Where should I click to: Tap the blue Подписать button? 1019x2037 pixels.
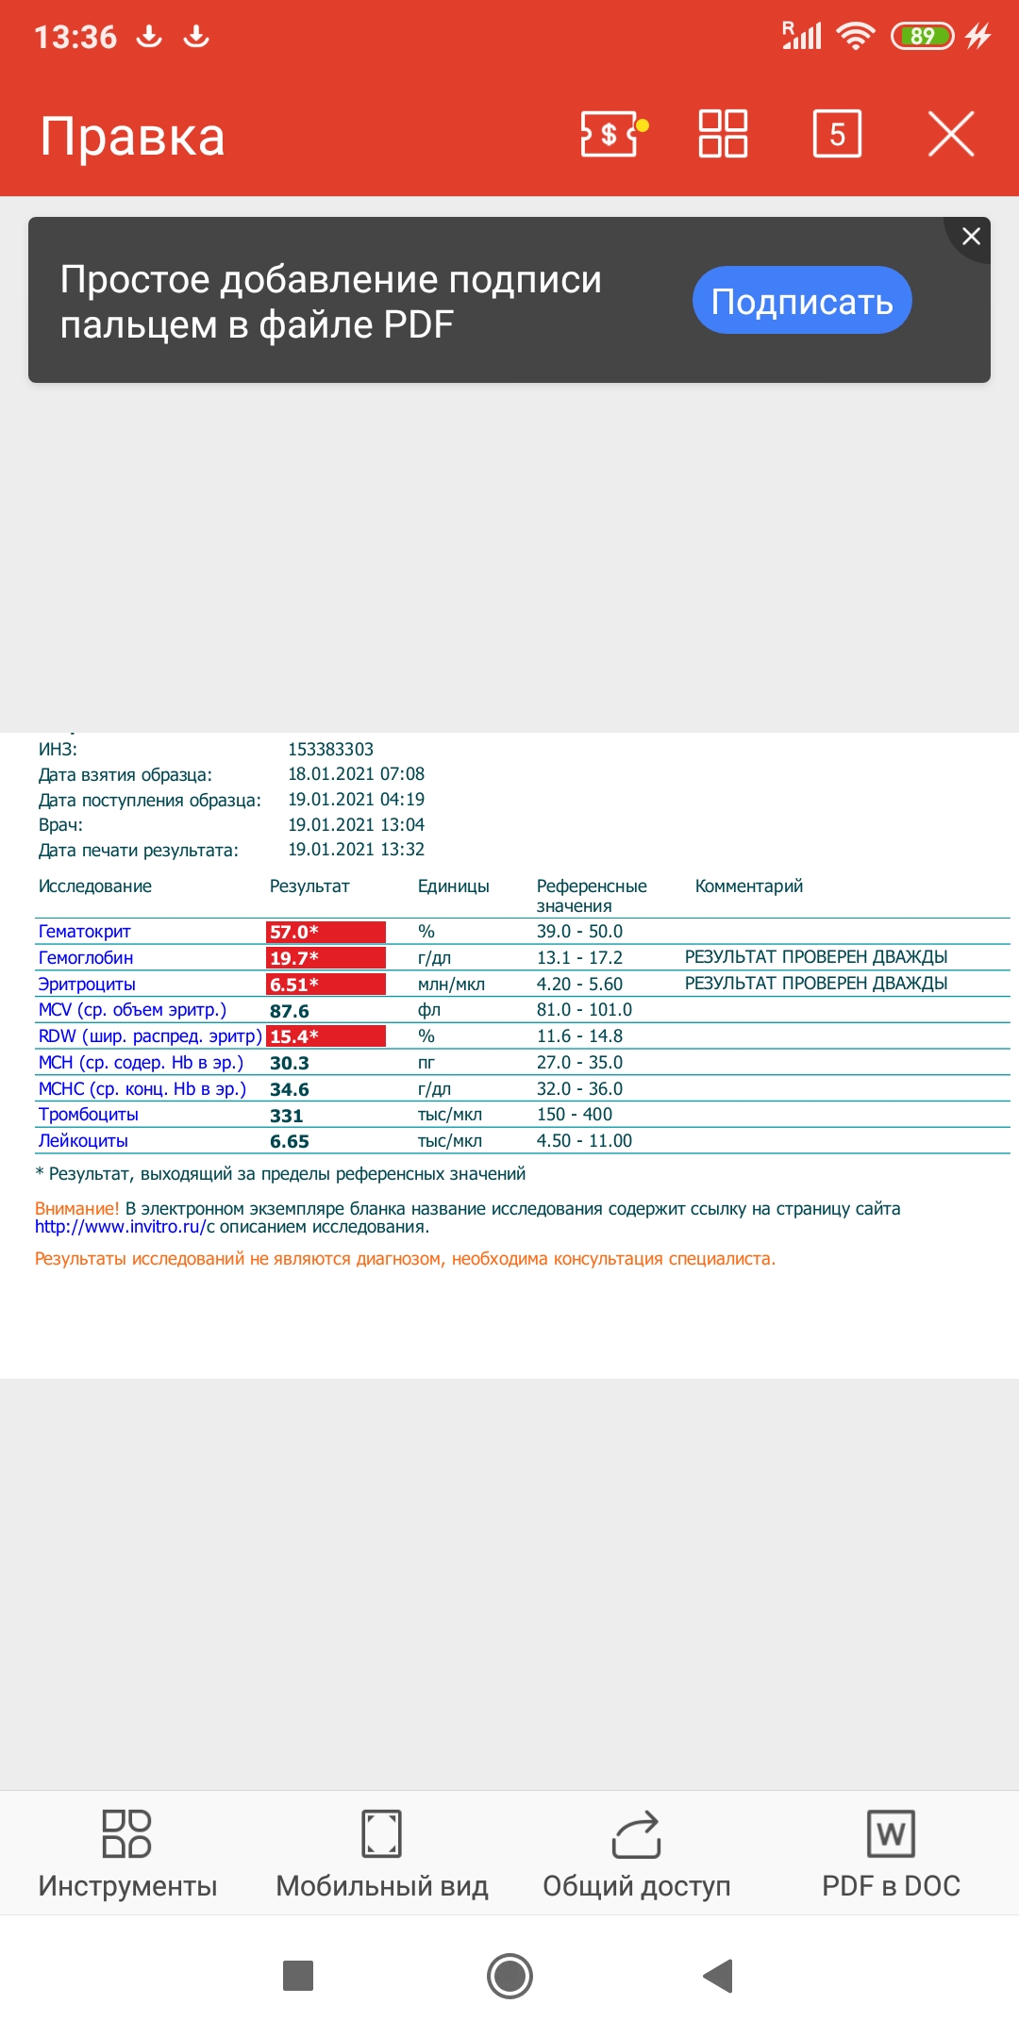click(802, 301)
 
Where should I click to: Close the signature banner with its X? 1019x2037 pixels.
click(971, 237)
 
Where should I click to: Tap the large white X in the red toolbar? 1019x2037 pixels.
click(950, 134)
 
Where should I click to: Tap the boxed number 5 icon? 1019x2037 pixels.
click(837, 134)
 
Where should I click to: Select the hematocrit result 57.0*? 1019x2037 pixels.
click(326, 932)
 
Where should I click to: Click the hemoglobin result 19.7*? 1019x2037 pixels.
click(326, 958)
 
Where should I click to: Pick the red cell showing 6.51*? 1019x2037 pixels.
click(326, 985)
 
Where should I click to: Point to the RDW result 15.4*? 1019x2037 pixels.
click(326, 1036)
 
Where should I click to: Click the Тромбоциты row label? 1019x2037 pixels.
click(89, 1115)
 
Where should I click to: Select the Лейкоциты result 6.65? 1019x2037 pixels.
click(290, 1141)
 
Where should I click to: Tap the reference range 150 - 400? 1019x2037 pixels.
click(575, 1115)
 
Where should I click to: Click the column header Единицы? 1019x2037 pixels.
click(454, 886)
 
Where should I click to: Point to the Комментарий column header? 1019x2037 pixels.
click(749, 886)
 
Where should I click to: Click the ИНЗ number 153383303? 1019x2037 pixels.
click(331, 750)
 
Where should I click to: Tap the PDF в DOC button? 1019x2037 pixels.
click(891, 1853)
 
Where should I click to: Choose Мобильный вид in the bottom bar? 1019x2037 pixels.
click(382, 1853)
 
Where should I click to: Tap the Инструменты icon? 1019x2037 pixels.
click(127, 1834)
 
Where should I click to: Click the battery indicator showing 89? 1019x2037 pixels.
click(922, 37)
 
